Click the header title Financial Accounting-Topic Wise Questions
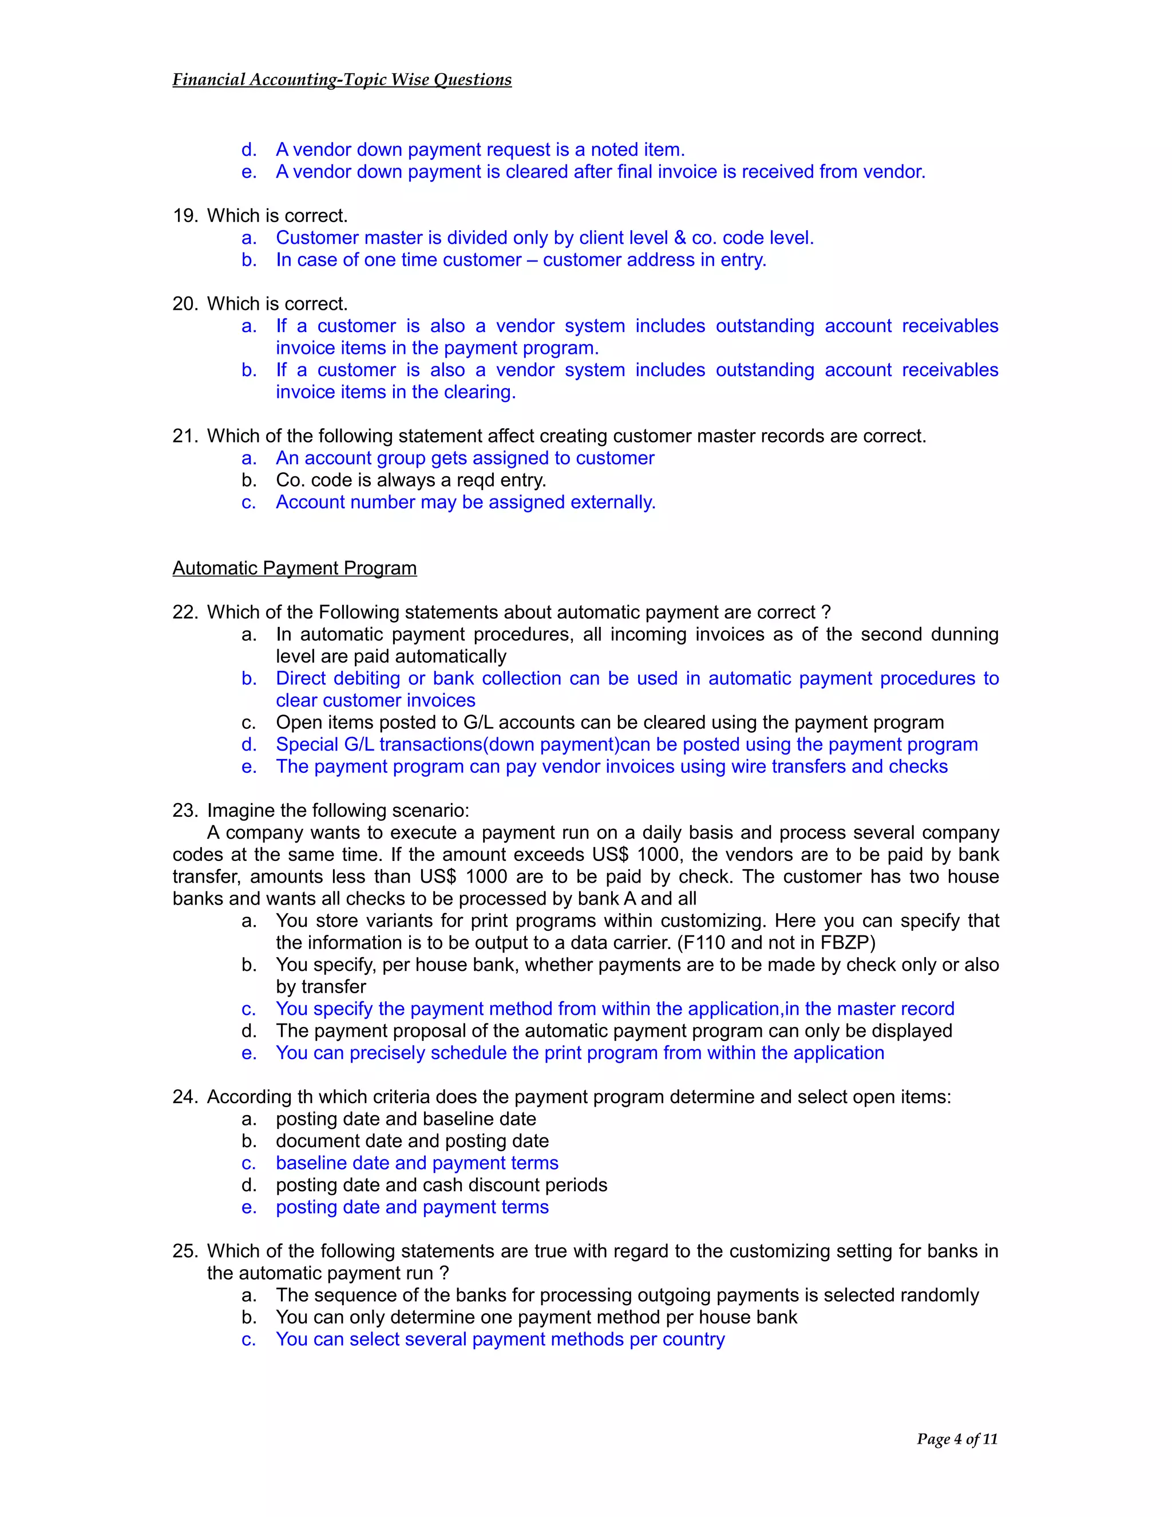[342, 80]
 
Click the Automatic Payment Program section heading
[294, 568]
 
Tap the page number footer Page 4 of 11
[957, 1439]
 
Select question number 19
[185, 216]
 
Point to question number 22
[185, 613]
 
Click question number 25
[185, 1251]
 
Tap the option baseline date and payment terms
[417, 1163]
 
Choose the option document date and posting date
[411, 1141]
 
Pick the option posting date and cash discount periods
[441, 1185]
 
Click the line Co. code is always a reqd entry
[410, 480]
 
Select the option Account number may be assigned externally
[465, 502]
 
